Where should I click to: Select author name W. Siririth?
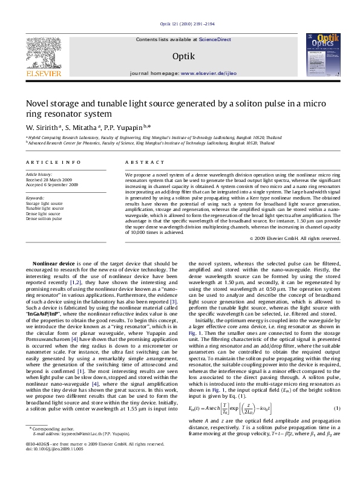click(x=41, y=128)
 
